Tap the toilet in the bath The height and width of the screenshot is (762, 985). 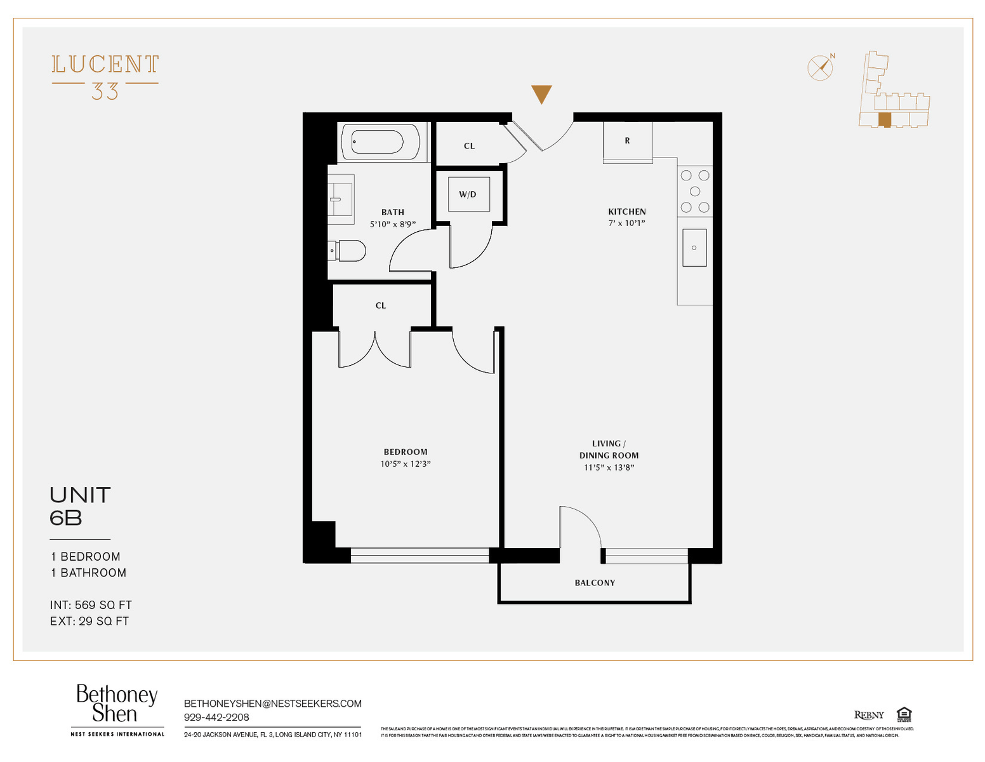point(348,251)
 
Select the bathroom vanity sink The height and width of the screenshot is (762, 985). point(340,199)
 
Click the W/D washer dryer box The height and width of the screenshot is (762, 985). point(468,194)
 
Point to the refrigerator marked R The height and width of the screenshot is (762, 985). point(627,141)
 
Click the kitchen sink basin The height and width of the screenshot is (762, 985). point(694,248)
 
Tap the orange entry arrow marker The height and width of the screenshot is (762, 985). point(541,94)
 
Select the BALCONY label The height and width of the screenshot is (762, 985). point(595,583)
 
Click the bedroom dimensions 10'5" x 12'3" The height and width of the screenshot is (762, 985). point(406,464)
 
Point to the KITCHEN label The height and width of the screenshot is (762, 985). point(627,212)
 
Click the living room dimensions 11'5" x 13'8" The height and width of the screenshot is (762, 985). point(609,468)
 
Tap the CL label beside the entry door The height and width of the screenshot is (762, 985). point(469,146)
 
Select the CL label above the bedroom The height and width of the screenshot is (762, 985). point(381,305)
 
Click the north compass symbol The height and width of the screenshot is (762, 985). point(821,67)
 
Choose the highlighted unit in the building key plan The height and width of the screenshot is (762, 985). point(884,120)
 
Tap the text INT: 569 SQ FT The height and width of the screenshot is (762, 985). point(91,605)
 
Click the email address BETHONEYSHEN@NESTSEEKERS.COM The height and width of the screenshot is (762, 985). point(273,704)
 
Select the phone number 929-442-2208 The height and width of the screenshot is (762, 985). point(216,718)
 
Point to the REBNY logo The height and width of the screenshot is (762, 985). point(869,715)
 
